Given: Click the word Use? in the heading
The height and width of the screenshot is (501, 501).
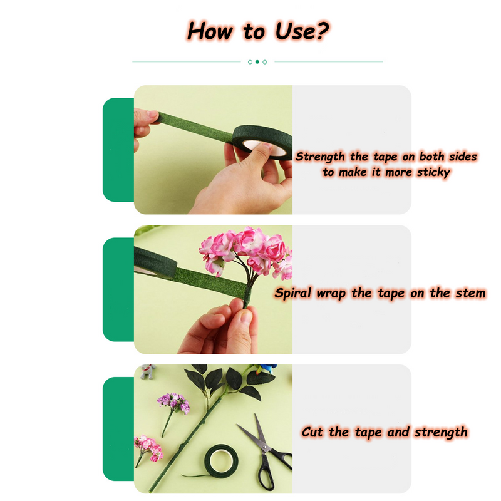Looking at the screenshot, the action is coord(302,31).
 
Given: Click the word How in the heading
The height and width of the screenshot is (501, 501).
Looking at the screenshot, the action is coord(210,31).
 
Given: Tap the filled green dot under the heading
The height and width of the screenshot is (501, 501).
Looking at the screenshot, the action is coord(257,61).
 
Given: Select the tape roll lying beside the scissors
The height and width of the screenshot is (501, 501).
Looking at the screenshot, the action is coord(221,461).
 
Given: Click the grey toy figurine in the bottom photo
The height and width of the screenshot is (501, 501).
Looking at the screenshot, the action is coord(148,371).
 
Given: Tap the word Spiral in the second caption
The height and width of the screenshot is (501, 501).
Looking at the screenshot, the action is coord(292,293).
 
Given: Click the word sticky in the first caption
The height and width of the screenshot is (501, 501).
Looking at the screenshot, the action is coord(433,173).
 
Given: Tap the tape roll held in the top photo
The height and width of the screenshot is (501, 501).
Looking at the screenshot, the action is coord(262,142).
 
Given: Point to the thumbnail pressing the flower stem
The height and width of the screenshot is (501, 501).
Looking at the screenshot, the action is coord(247,317).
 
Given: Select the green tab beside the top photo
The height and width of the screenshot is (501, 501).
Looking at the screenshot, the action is coord(118,150).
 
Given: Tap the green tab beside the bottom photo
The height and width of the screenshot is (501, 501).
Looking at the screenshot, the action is coord(118,429).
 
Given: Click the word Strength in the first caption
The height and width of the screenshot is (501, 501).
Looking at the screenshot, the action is coord(320,157).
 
